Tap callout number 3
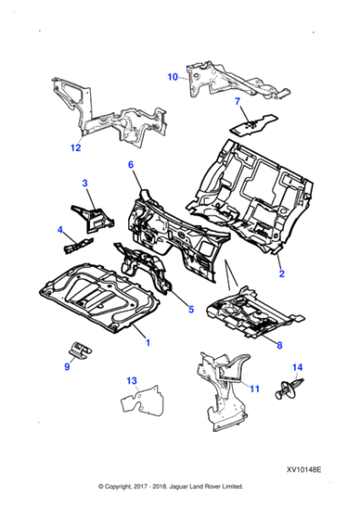85,184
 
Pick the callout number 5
190,310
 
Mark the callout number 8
279,345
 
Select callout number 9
66,366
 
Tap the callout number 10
173,77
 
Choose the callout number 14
296,368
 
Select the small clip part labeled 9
82,350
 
